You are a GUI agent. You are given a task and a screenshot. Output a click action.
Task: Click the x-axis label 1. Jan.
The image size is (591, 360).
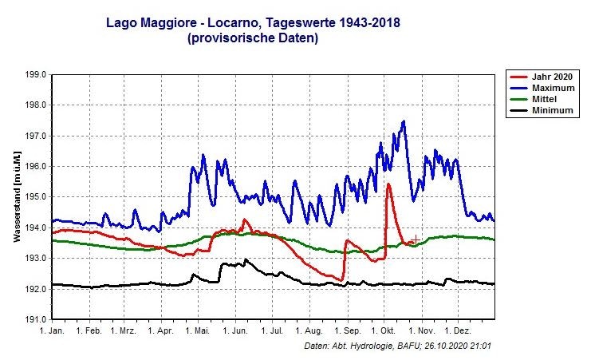click(52, 330)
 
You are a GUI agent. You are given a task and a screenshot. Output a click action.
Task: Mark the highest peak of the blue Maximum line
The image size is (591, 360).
click(404, 121)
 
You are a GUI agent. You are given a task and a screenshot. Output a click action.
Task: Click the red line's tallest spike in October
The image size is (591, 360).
click(388, 184)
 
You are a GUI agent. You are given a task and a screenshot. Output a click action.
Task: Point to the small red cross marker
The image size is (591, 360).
click(415, 239)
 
